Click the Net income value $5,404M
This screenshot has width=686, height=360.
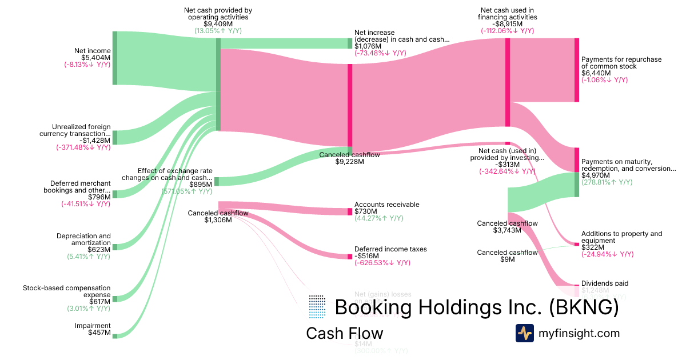coord(96,58)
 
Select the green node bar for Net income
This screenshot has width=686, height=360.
coord(114,58)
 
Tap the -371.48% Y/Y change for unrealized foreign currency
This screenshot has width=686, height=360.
coord(83,147)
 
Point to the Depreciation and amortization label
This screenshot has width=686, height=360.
coord(83,239)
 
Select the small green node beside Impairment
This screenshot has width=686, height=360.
coord(114,336)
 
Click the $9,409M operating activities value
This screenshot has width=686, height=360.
coord(218,24)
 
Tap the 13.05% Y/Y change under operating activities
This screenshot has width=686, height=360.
coord(218,31)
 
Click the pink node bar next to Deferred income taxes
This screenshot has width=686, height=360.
coord(350,257)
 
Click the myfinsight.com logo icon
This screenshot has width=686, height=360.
coord(524,333)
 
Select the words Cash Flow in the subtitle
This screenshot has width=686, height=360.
coord(344,333)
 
